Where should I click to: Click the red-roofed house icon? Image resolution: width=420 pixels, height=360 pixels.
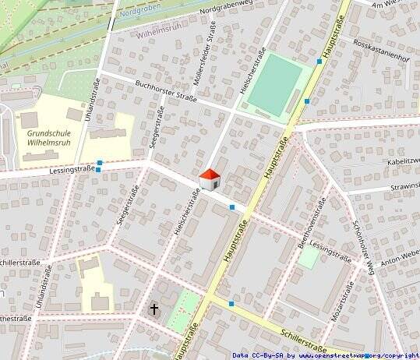210,179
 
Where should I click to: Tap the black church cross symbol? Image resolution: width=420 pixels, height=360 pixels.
154,309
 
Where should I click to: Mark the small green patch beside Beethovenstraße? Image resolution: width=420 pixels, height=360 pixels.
309,258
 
